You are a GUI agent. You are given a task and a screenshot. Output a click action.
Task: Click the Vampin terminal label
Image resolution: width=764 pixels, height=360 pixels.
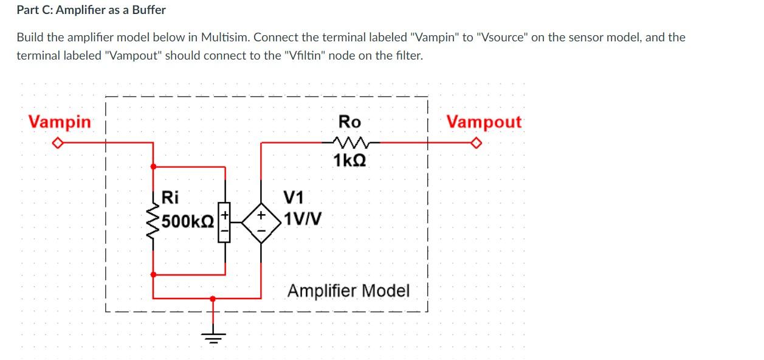(x=60, y=122)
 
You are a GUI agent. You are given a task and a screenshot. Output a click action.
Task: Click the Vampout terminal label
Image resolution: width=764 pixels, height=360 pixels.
(x=484, y=122)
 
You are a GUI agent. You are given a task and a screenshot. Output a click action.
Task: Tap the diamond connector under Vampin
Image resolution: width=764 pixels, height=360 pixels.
(x=57, y=143)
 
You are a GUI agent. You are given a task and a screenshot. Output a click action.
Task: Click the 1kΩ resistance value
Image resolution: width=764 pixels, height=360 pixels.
(x=349, y=161)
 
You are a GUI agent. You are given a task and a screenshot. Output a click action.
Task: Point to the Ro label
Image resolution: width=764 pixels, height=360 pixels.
(x=349, y=122)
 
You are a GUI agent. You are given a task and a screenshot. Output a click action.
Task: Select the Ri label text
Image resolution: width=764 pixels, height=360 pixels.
(x=171, y=197)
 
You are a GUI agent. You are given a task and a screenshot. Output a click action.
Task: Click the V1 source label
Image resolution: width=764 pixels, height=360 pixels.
(x=294, y=197)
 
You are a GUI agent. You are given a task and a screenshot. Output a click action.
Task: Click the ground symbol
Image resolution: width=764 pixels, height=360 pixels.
(x=213, y=336)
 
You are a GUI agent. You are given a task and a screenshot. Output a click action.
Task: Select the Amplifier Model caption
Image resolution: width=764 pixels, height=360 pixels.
(x=348, y=291)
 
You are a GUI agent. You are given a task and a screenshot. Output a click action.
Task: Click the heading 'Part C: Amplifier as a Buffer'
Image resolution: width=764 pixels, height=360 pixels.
(x=91, y=10)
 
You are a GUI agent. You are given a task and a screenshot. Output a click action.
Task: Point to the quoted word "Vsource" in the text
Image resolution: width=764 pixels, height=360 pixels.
(x=502, y=37)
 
